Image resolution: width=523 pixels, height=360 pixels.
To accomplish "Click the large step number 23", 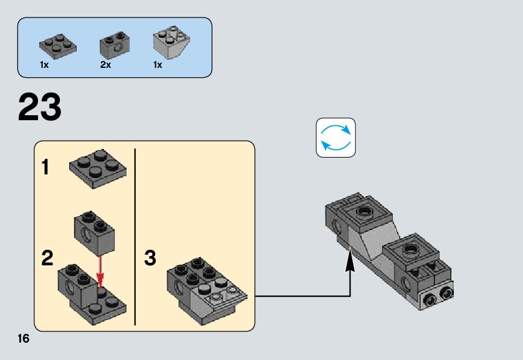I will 40,107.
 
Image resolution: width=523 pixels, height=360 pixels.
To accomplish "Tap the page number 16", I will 24,339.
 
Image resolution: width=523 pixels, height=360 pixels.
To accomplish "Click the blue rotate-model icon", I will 336,138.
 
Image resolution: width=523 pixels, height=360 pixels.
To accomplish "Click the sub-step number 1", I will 46,168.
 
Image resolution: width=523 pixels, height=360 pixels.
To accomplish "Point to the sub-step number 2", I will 47,258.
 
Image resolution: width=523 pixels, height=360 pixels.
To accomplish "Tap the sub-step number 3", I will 150,258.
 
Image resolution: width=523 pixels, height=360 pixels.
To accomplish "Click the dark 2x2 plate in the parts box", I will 57,45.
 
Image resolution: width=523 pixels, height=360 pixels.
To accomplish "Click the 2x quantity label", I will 105,65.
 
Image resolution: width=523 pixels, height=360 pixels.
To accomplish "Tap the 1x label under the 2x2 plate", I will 44,65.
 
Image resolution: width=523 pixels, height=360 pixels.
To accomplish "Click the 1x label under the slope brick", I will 158,65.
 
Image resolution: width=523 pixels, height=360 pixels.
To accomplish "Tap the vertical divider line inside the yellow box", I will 135,237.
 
